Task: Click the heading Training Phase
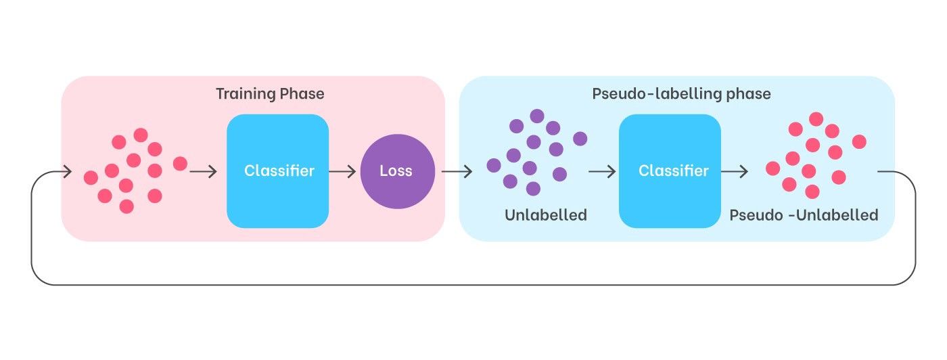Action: pos(270,94)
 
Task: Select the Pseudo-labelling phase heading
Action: pos(682,94)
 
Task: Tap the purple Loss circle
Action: pos(398,171)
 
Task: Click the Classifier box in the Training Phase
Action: pos(278,171)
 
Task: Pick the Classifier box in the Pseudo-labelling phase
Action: pos(670,171)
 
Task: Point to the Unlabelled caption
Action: pos(546,215)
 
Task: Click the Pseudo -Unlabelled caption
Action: pos(804,215)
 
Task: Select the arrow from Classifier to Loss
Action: pos(342,171)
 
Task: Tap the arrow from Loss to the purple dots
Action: pos(457,171)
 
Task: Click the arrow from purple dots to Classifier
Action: pos(602,171)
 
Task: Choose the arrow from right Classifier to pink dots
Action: pos(735,171)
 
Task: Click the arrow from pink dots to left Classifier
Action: pos(204,171)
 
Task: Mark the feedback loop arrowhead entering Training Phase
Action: pos(67,171)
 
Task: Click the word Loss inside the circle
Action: pos(396,171)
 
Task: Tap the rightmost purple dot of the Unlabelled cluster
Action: pos(580,138)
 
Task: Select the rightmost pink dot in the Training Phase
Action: pos(180,163)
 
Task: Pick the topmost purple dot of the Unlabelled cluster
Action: pos(537,116)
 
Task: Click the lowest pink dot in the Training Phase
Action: pos(126,206)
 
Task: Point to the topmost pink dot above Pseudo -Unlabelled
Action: pos(816,119)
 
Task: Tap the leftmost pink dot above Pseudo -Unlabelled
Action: pos(772,168)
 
